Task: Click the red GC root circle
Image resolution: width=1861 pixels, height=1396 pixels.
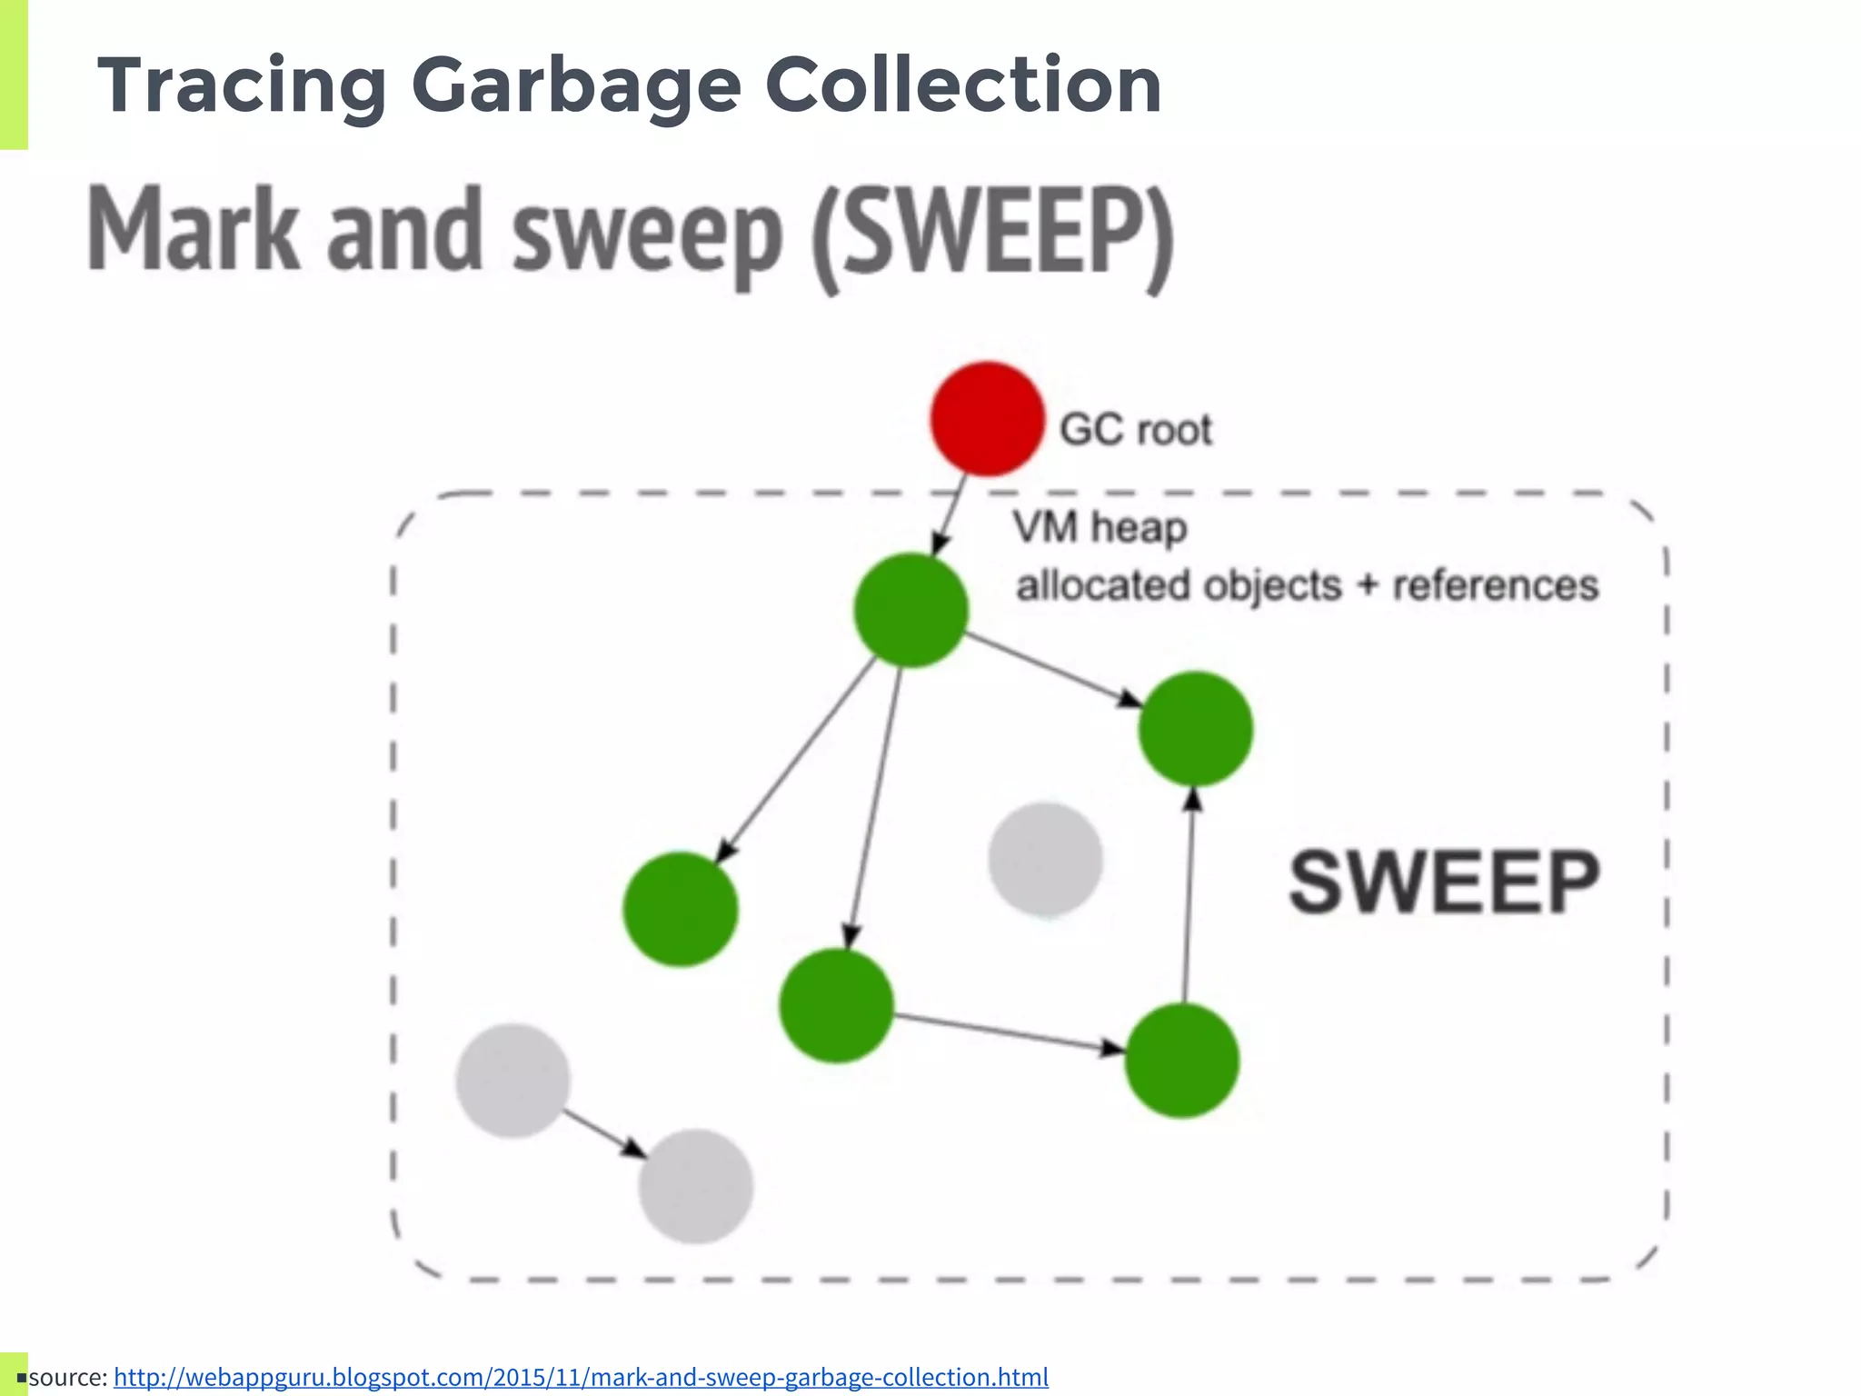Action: pos(987,419)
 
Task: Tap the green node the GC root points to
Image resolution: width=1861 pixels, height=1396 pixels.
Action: pos(911,610)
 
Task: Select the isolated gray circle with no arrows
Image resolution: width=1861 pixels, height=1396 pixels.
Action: pos(1045,859)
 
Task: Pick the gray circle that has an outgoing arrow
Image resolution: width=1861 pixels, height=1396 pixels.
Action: pos(513,1081)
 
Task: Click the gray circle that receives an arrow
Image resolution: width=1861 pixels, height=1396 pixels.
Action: pos(696,1186)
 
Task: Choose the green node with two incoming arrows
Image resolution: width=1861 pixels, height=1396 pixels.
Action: pos(1195,729)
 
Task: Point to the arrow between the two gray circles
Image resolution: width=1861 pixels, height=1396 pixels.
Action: pos(603,1132)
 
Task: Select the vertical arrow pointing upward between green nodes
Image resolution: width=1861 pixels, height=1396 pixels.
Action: pos(1189,895)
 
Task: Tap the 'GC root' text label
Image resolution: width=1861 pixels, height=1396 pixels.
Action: pos(1136,430)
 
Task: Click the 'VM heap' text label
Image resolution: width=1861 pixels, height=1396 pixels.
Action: pos(1100,527)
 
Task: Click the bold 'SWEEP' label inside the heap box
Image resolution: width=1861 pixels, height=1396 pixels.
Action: pos(1444,882)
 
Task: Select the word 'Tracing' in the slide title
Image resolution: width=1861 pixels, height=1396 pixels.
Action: pos(242,85)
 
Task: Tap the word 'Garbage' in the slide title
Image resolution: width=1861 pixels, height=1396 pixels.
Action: pos(576,85)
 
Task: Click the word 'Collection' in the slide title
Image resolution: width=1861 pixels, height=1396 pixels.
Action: pos(963,85)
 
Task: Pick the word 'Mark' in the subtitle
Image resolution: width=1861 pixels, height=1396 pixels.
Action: pos(194,231)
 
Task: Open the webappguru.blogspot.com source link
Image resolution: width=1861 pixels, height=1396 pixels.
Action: pos(581,1377)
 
